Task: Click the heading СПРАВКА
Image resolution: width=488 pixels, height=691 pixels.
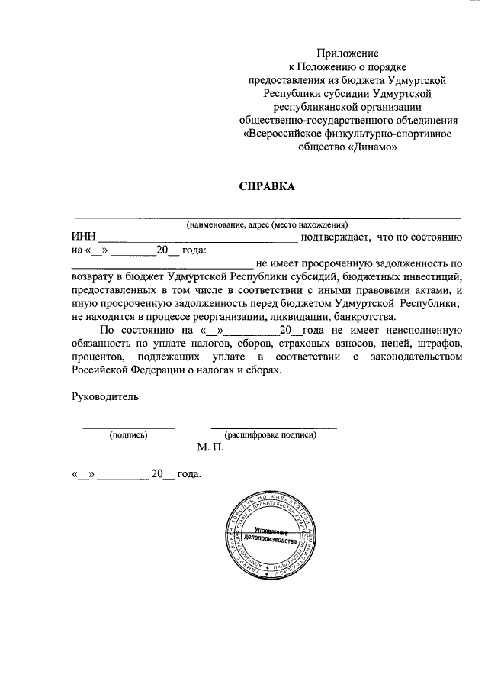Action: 267,186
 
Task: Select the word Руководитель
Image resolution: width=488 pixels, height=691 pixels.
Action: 105,396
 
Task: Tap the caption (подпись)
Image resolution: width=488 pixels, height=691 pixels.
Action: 128,435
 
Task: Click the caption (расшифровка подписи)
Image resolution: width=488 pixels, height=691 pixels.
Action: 273,435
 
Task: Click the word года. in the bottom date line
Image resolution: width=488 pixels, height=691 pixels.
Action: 189,475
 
